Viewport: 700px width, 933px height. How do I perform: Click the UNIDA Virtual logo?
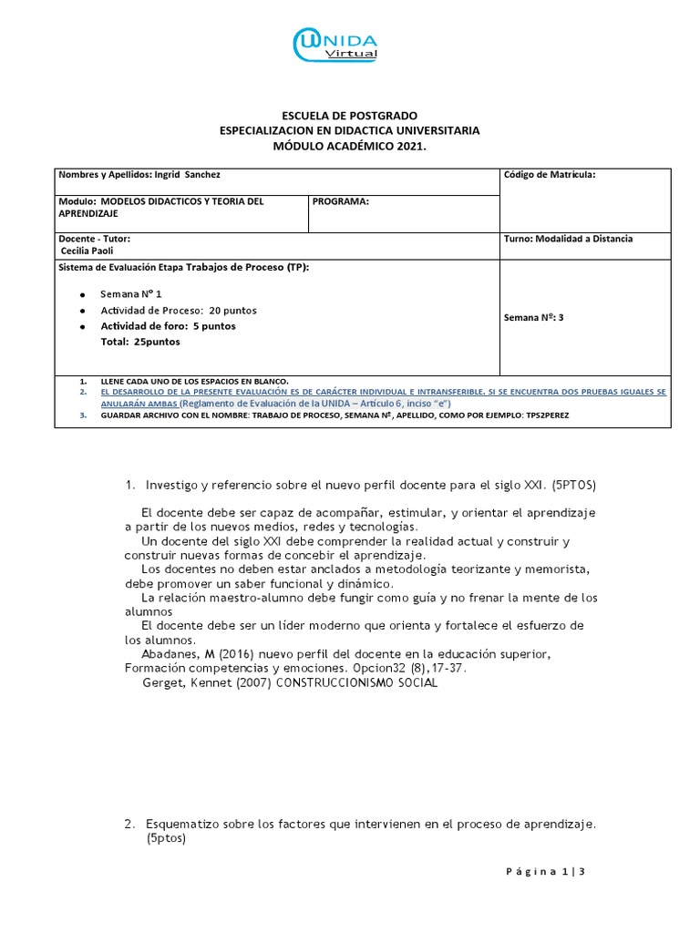[x=335, y=46]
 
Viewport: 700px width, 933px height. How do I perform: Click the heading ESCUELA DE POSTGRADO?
[x=349, y=116]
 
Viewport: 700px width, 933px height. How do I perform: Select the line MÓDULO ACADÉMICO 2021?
[x=349, y=146]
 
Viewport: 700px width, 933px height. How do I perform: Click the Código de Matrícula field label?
[x=549, y=174]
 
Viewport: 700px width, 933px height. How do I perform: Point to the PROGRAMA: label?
[x=341, y=201]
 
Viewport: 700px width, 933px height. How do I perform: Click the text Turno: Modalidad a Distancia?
[x=568, y=239]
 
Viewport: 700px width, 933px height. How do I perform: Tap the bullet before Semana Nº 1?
[x=82, y=295]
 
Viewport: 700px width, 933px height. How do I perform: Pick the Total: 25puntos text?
[x=139, y=342]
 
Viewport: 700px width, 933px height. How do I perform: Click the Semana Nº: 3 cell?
[x=534, y=318]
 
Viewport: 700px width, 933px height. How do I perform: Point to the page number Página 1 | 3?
[x=544, y=872]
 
